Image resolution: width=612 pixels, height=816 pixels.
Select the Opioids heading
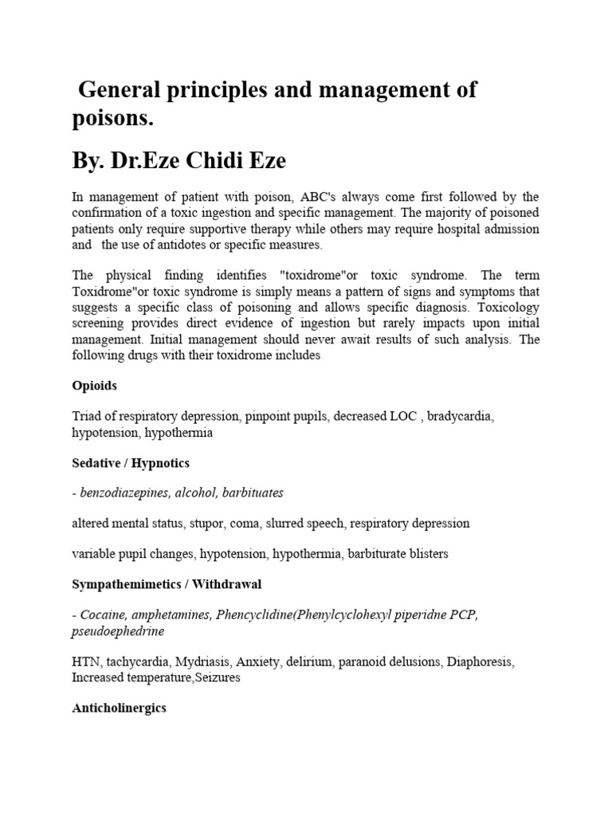coord(94,386)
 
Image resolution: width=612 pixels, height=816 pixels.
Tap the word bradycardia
coord(460,417)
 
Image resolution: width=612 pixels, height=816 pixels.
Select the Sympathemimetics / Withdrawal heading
coord(167,584)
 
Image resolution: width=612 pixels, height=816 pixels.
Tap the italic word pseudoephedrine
coord(118,630)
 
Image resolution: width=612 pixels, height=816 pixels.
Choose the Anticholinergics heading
coord(119,708)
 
